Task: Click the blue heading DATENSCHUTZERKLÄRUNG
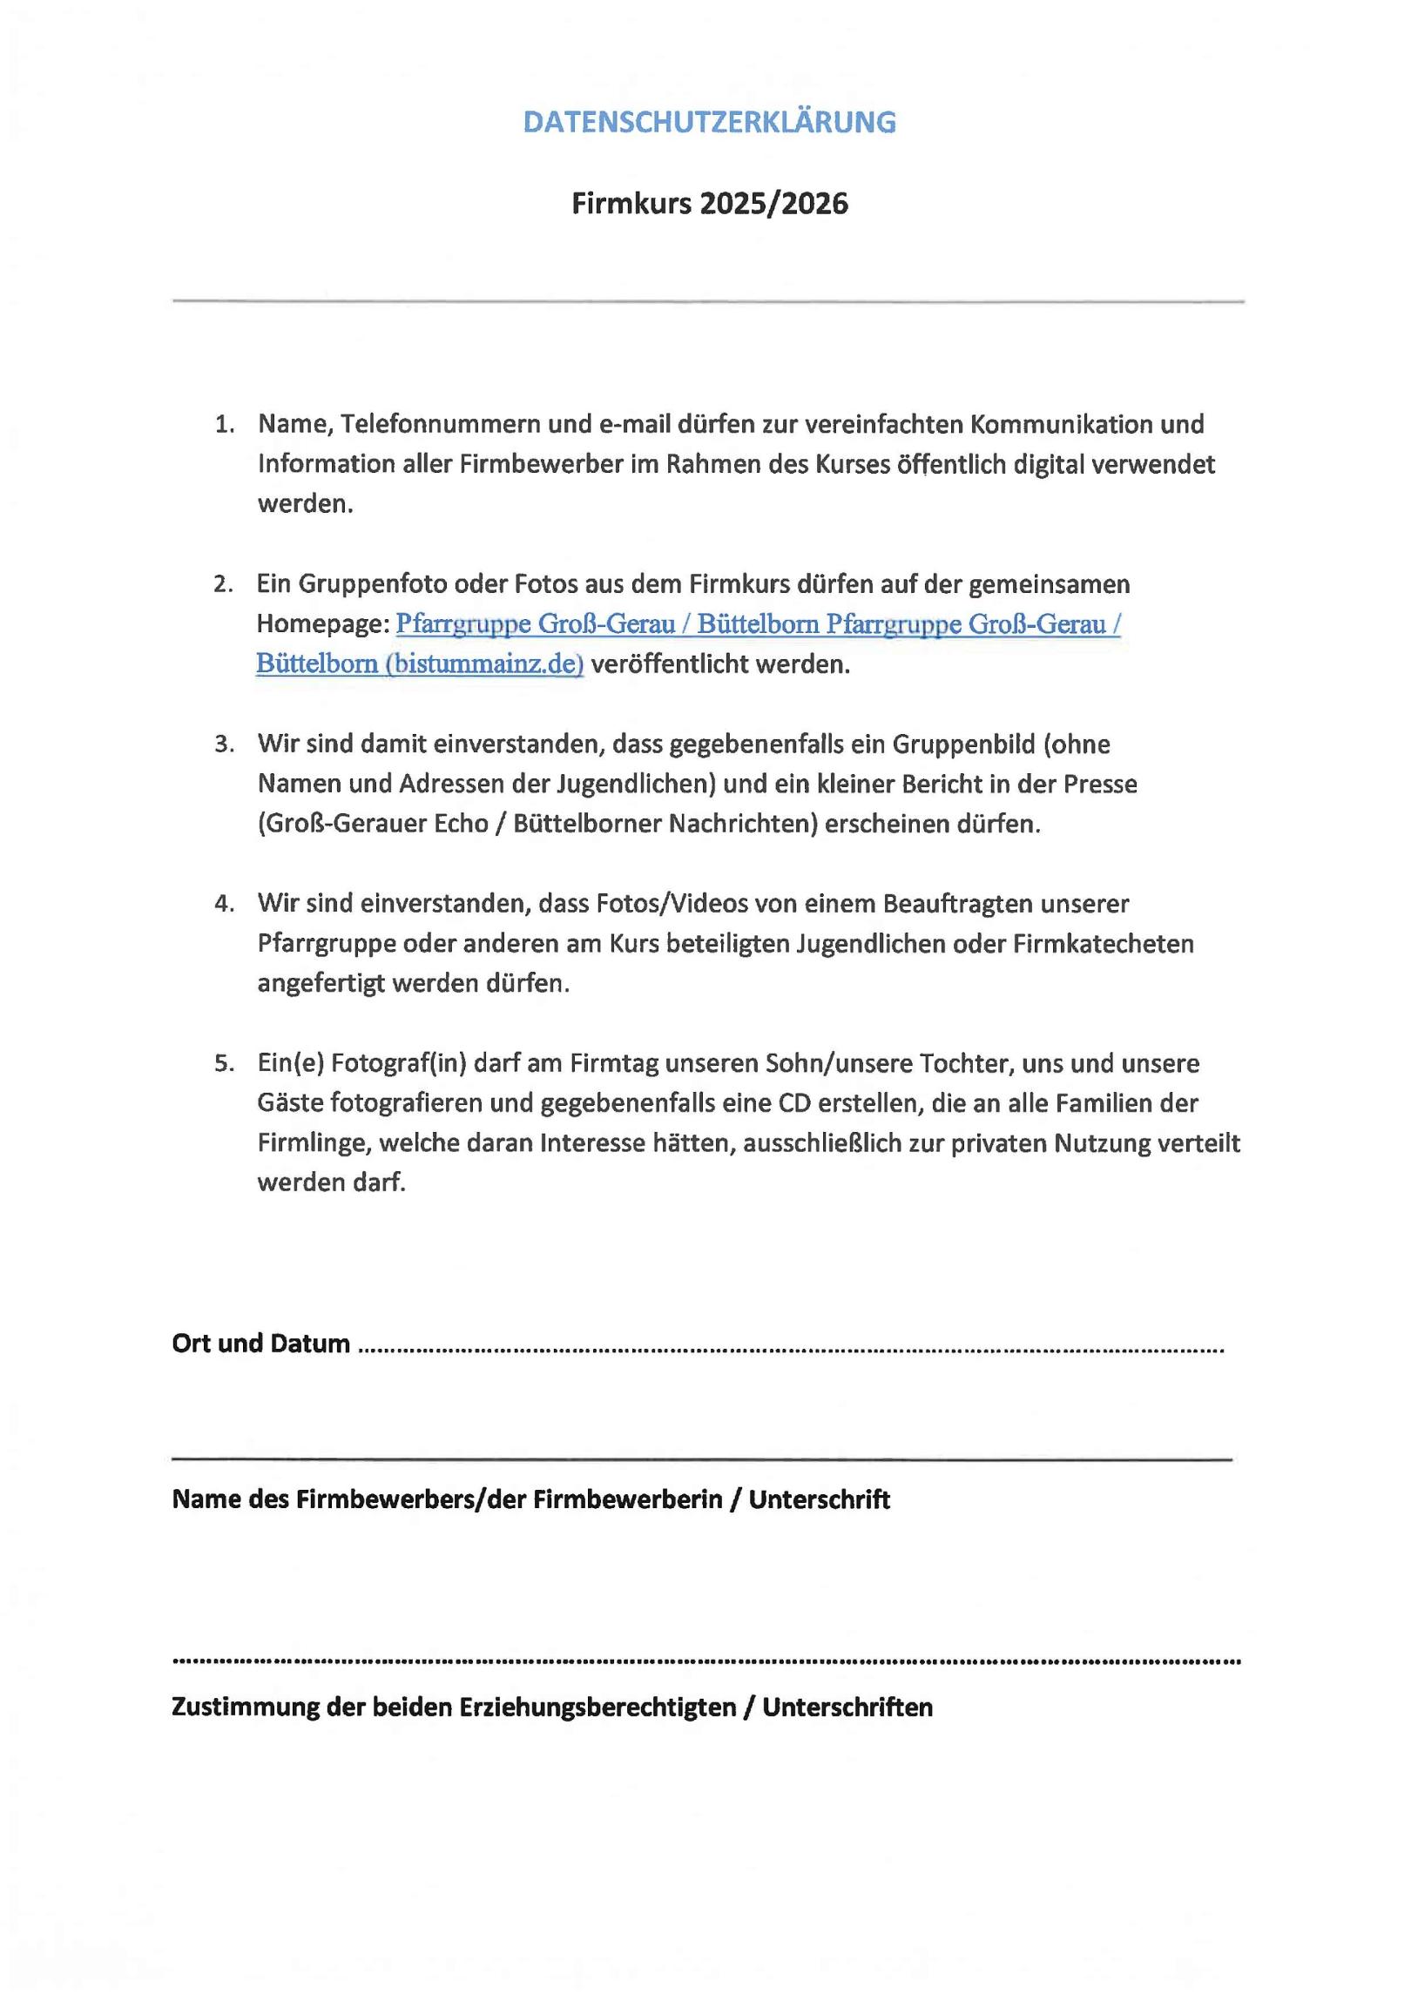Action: point(709,122)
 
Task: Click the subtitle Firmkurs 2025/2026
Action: point(709,204)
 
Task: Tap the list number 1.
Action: point(225,425)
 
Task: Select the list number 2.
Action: point(223,584)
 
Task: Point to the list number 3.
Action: point(225,744)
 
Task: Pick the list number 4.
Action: point(225,904)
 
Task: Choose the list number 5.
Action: point(225,1064)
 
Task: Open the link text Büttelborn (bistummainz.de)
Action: point(419,664)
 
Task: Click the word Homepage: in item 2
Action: point(322,624)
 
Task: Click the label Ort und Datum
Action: point(260,1344)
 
